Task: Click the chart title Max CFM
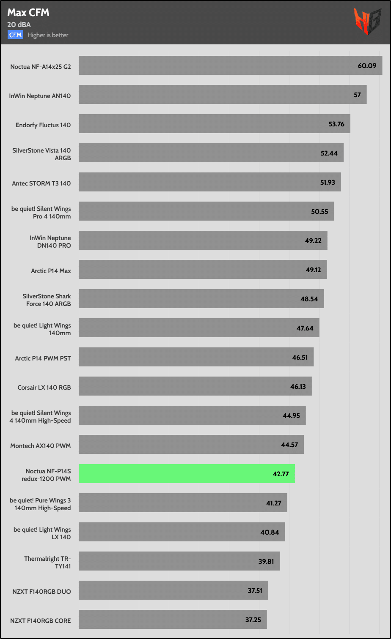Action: tap(28, 13)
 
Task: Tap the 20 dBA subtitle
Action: tap(19, 25)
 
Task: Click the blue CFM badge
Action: tap(16, 35)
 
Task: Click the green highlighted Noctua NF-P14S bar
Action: tap(187, 473)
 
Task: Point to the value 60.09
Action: tap(367, 66)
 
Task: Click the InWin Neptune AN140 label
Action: tap(40, 96)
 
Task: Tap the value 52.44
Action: tap(329, 153)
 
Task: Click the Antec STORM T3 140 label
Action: tap(41, 183)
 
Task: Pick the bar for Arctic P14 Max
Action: tap(203, 270)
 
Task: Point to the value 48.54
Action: tap(309, 299)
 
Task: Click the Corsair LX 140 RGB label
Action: tap(44, 387)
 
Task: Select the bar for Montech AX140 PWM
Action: tap(191, 445)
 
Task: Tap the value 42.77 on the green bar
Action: tap(281, 474)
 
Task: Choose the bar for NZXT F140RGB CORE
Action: tap(173, 619)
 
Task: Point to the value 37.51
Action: tap(255, 590)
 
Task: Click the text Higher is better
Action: tap(48, 35)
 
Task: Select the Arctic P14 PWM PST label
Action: tap(43, 358)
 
